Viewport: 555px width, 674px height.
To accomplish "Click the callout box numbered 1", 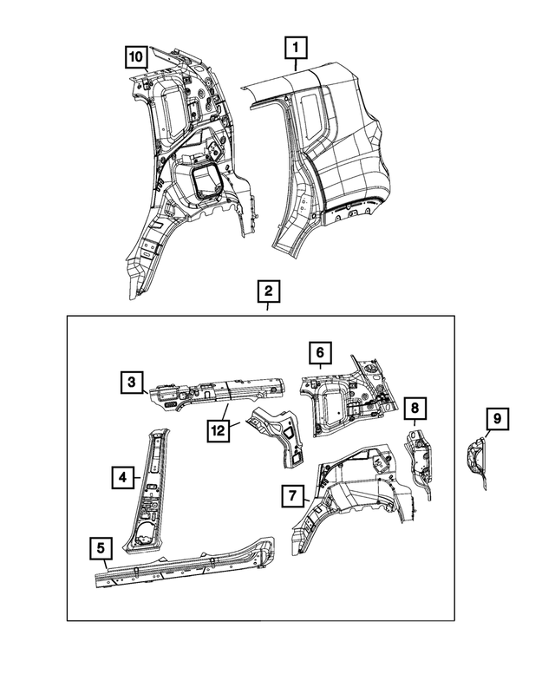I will (x=296, y=46).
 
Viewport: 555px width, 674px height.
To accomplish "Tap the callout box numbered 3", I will (x=132, y=383).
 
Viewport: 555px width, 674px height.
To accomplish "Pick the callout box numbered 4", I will (x=124, y=476).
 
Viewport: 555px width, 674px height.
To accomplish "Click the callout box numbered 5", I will (x=101, y=547).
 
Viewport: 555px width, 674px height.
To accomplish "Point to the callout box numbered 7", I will (x=294, y=495).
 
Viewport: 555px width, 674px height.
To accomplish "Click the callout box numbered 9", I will (x=497, y=419).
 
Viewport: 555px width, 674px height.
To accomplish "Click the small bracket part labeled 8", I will (x=421, y=455).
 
